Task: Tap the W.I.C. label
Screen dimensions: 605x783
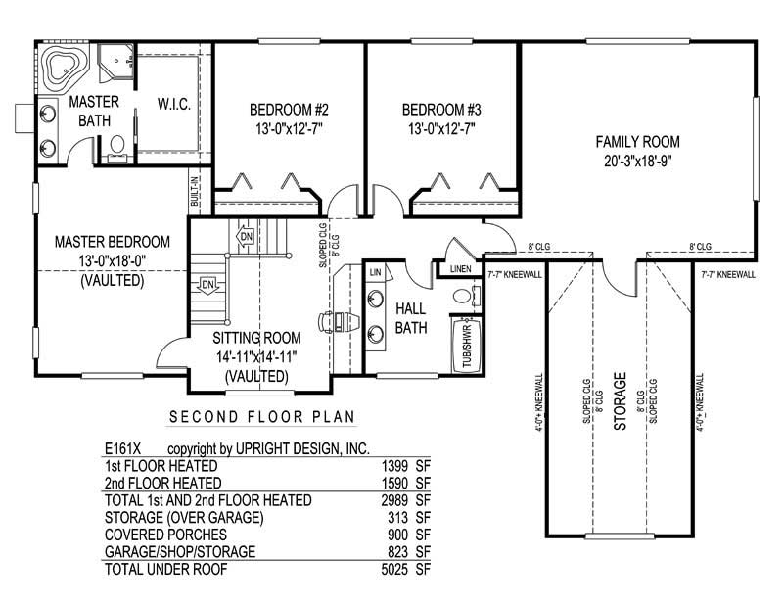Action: click(173, 104)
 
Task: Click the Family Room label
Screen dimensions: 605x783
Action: click(637, 142)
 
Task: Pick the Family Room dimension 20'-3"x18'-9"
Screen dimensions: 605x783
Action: click(637, 162)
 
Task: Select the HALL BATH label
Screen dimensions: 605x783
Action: click(410, 319)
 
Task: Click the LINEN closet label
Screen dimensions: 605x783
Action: click(461, 268)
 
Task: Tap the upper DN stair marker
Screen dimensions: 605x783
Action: click(246, 237)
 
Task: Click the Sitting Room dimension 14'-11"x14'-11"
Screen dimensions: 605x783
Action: click(254, 356)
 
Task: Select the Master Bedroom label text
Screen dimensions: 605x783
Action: click(113, 242)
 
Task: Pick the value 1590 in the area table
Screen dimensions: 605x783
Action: click(398, 483)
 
